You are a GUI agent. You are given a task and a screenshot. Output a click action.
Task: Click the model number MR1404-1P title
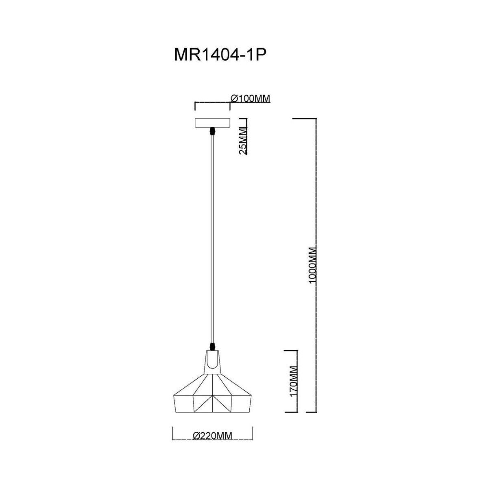(220, 55)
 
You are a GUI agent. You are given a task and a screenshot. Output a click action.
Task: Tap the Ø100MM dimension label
(251, 98)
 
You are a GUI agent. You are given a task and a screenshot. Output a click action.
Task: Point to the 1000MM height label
(314, 268)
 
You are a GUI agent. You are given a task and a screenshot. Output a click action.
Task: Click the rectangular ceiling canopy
(212, 123)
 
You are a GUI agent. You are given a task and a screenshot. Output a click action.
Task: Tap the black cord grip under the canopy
(212, 131)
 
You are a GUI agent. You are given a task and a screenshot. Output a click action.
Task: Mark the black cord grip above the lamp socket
(212, 346)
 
